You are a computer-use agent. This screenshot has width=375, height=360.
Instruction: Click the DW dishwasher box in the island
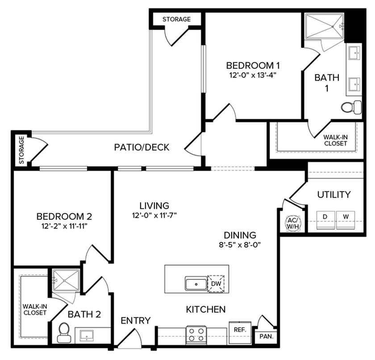[216, 284]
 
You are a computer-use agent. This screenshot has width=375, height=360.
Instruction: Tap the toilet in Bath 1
[352, 106]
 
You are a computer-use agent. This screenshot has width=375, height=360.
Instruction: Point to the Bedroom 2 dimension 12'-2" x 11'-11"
[64, 226]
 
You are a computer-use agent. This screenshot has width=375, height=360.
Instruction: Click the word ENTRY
[136, 321]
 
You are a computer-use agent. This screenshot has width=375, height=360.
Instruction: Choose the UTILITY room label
[333, 195]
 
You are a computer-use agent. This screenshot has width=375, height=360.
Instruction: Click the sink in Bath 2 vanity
[88, 335]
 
